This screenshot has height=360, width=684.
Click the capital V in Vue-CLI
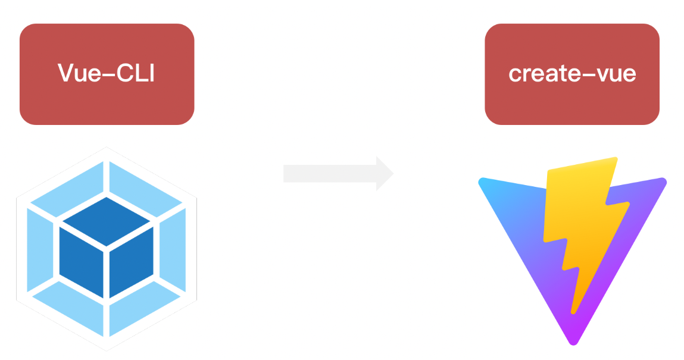tap(65, 73)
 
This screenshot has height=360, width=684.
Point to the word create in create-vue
tap(539, 73)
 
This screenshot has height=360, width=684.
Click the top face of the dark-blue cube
tap(107, 220)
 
